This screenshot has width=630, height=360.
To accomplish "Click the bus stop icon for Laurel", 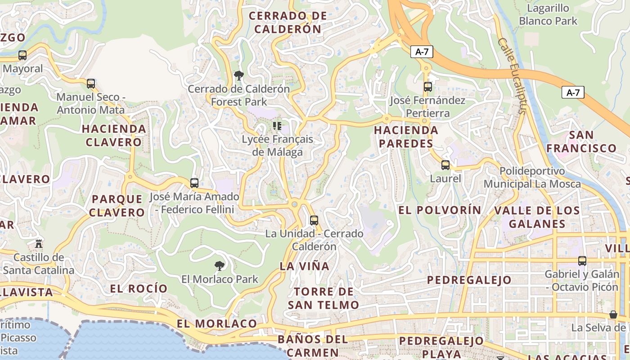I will point(445,165).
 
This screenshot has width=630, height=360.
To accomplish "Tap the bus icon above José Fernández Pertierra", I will point(427,86).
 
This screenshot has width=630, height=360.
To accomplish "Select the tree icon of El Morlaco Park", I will point(220,265).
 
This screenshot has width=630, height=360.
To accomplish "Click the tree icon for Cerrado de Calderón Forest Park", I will point(238,75).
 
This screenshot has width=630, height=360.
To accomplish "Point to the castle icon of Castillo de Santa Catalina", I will point(39,244).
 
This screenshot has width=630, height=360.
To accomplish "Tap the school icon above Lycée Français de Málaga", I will point(277,126).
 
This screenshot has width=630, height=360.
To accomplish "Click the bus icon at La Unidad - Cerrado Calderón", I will point(314,220).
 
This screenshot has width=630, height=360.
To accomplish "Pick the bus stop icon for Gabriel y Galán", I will point(582,261).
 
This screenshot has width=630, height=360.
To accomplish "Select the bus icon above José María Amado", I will point(194,183).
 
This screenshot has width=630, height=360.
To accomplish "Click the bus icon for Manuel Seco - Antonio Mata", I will point(91,83).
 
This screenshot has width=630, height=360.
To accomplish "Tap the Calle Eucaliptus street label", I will point(512,75).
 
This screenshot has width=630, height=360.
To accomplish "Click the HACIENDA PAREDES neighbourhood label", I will point(406,137).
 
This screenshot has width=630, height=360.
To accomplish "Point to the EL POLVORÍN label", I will point(440,210).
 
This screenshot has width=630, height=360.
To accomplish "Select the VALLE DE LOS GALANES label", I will point(537,217).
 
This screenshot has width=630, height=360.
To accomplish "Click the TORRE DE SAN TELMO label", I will point(324,298).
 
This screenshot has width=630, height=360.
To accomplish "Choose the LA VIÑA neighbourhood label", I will point(305,266).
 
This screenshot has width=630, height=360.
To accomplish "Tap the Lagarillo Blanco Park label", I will point(548,14).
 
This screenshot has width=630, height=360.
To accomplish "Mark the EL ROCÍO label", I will point(139,288).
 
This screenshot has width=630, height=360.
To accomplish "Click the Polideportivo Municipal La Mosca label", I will point(532,178).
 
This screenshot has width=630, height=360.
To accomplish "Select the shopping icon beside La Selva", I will point(613,314).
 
